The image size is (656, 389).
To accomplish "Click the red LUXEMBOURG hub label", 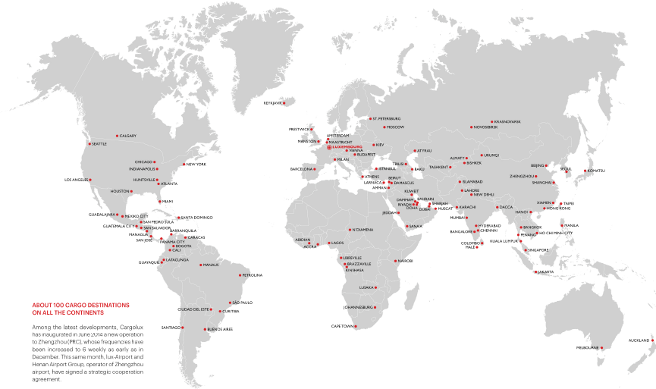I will pyautogui.click(x=348, y=146).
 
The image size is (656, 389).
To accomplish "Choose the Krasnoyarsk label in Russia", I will pyautogui.click(x=507, y=121).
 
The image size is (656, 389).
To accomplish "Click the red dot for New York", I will pyautogui.click(x=184, y=164).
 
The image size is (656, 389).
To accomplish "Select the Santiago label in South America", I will pyautogui.click(x=171, y=327).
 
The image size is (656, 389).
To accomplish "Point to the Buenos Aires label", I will pyautogui.click(x=220, y=329).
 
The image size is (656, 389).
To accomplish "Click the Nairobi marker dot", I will pyautogui.click(x=395, y=261).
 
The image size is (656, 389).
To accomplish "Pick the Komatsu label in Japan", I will pyautogui.click(x=596, y=171).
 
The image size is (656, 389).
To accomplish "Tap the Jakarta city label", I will pyautogui.click(x=545, y=271).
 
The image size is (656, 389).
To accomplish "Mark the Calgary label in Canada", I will pyautogui.click(x=127, y=136).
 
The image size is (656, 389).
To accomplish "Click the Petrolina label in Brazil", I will pyautogui.click(x=252, y=274).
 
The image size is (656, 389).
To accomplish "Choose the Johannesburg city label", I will pyautogui.click(x=359, y=307).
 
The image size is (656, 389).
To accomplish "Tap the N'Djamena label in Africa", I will pyautogui.click(x=362, y=229).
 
